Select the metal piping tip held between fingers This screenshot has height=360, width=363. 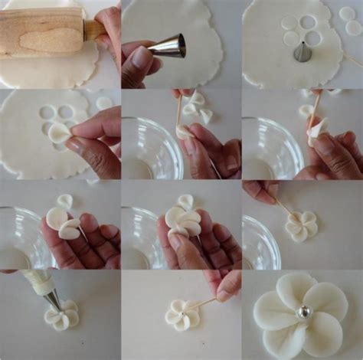[x=168, y=46]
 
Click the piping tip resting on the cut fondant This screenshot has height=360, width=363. [x=303, y=52]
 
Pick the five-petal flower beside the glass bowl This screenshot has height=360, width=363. [x=301, y=225]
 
